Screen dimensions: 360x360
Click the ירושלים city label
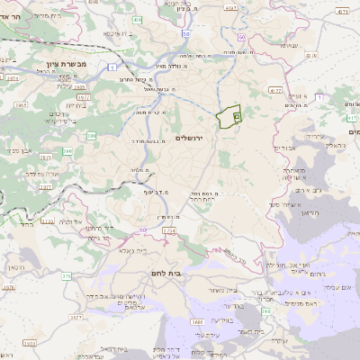pyautogui.click(x=190, y=138)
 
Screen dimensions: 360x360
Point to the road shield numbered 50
pyautogui.click(x=243, y=37)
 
